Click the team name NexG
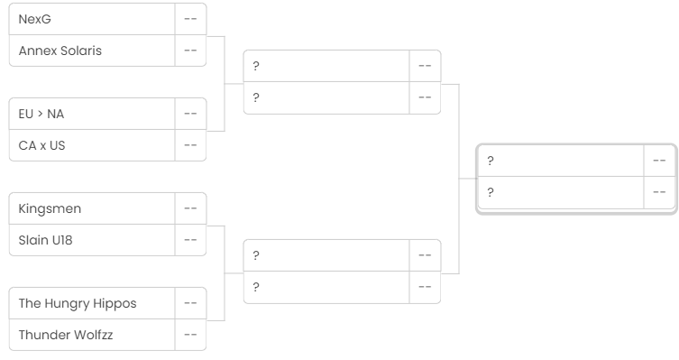34,19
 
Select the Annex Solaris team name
60,51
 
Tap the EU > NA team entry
41,114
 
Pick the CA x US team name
41,145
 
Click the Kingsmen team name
50,208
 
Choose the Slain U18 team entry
45,240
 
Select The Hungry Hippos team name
78,304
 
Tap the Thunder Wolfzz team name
66,335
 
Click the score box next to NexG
190,19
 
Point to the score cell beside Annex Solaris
190,51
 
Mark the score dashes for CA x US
190,145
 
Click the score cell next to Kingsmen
190,208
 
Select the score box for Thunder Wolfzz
190,335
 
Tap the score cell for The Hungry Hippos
190,303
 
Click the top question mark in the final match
491,161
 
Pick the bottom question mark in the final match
491,192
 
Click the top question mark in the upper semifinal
256,66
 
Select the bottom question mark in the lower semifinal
256,287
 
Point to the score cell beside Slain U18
190,240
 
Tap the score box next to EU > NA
190,114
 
